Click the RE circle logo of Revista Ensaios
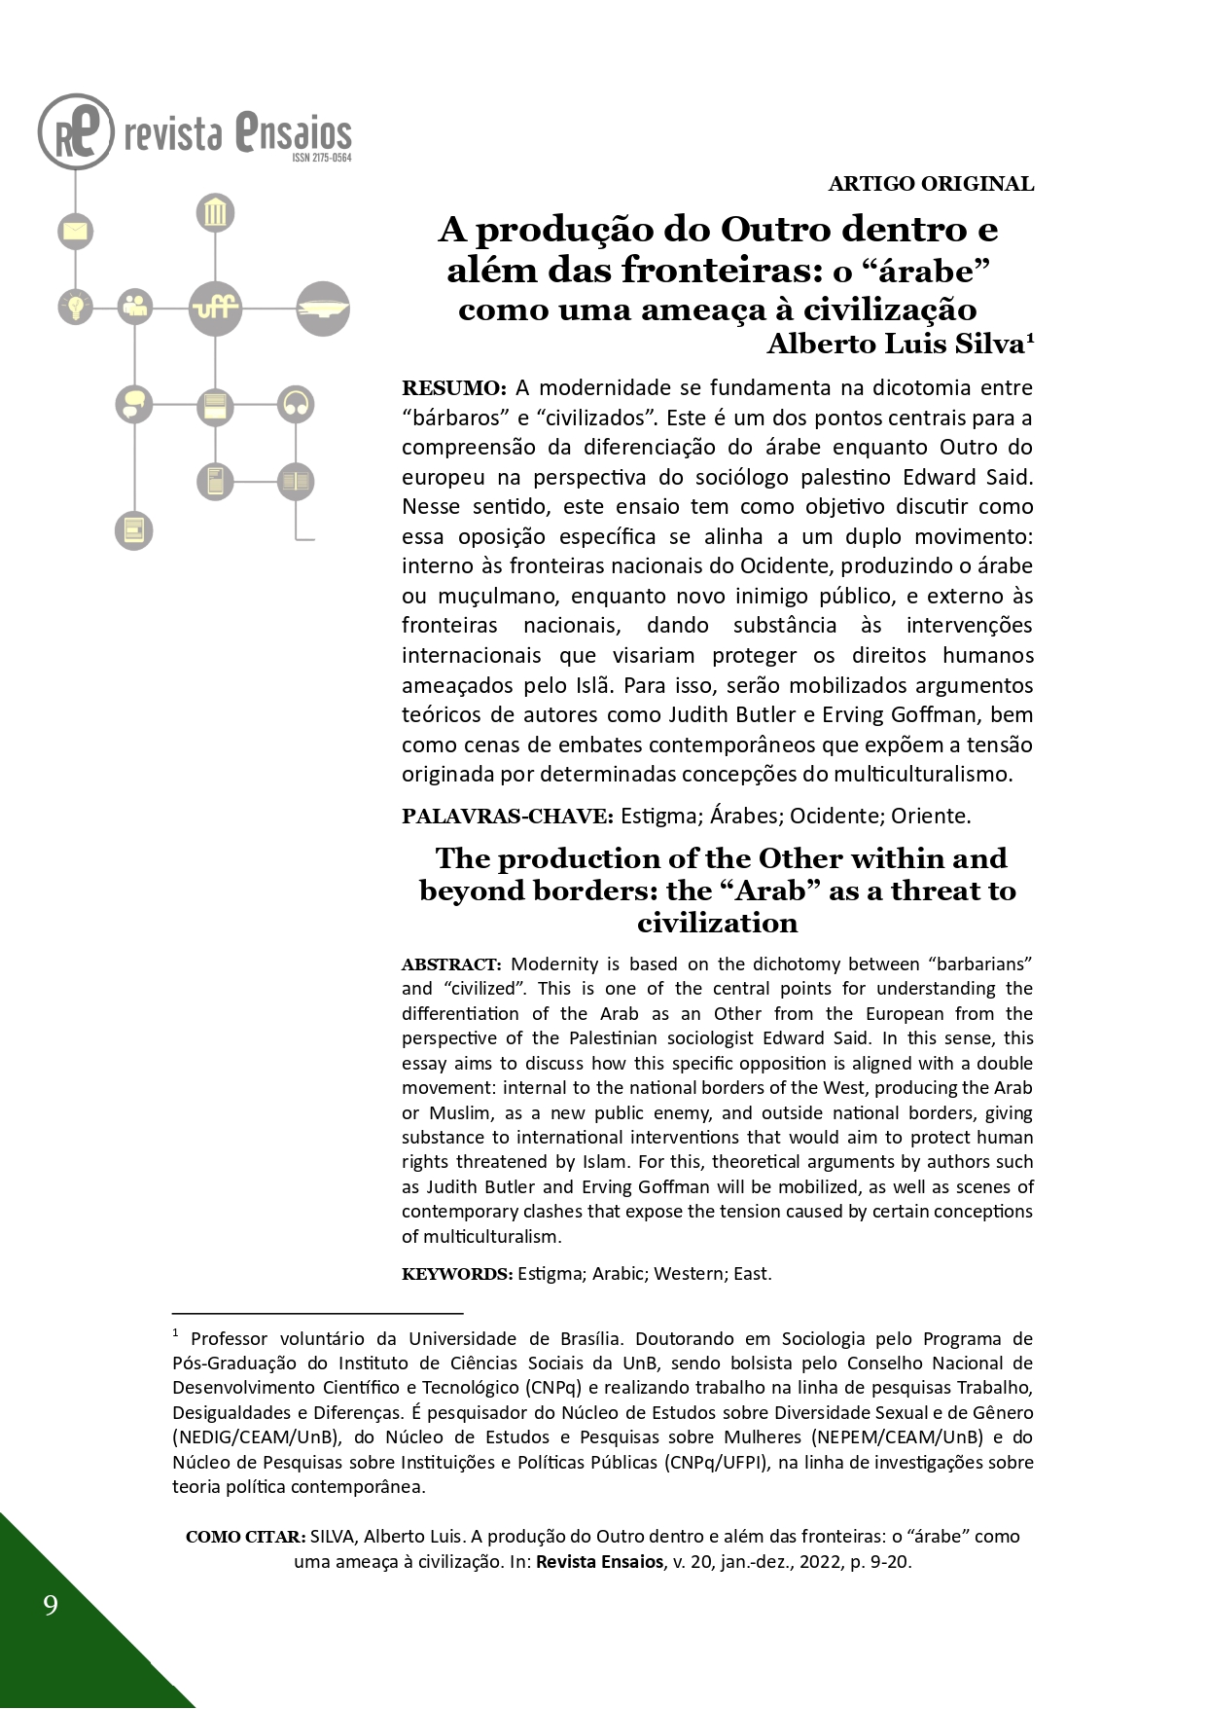coord(76,131)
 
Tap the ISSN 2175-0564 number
coord(321,158)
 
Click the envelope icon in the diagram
coord(75,232)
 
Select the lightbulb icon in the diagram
coord(75,307)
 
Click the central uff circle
coord(215,308)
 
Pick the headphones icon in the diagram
coord(296,404)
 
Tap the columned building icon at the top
coord(215,212)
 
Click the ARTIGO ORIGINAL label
coord(931,184)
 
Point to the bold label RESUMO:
coord(454,388)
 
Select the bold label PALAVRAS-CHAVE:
coord(507,817)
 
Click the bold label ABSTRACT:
coord(451,964)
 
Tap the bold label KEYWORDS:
coord(456,1274)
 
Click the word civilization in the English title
coord(717,923)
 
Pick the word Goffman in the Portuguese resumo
coord(933,714)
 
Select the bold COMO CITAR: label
coord(245,1537)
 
